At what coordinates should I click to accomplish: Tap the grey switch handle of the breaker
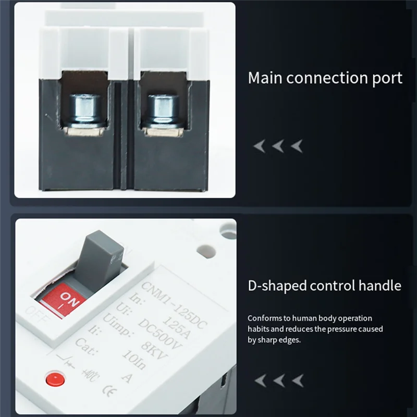click(100, 256)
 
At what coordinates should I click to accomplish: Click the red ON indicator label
click(68, 302)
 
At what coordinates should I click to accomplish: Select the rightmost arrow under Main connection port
click(296, 146)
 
